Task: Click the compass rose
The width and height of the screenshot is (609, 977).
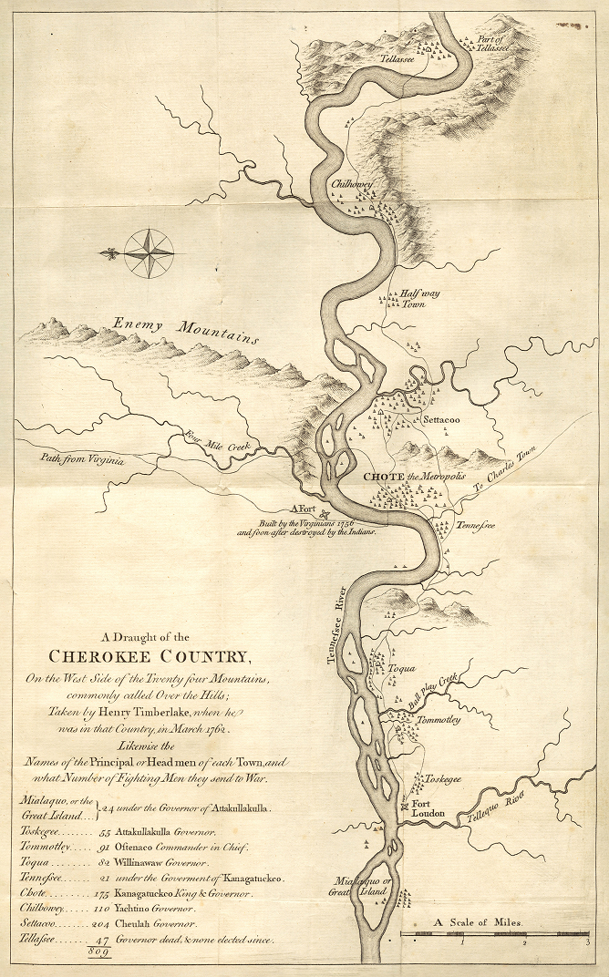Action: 150,252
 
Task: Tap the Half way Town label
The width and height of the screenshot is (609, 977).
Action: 418,299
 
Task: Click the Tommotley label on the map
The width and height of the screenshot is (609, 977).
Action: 438,720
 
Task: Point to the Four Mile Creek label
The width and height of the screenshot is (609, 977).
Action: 222,441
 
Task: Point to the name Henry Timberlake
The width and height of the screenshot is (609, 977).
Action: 131,715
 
